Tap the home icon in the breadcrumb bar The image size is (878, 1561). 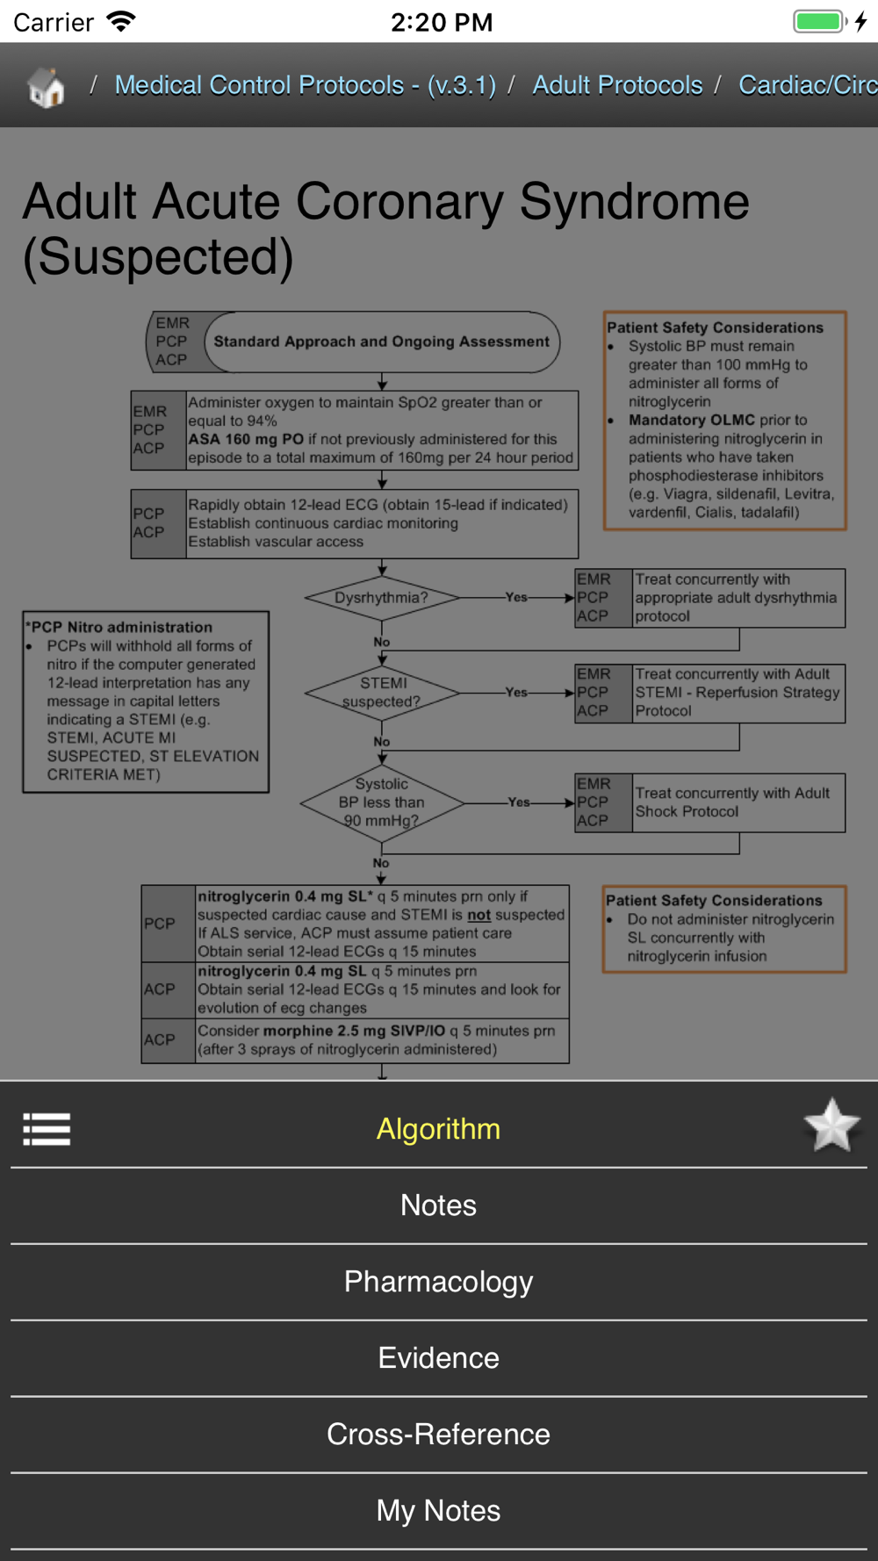pos(46,86)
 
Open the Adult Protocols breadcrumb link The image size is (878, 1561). pos(617,85)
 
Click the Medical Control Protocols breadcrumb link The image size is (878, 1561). pos(305,85)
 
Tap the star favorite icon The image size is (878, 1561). pos(831,1126)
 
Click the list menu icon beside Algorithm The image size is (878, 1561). pos(47,1129)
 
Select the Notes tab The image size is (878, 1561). pos(438,1205)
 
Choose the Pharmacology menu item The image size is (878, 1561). pos(438,1282)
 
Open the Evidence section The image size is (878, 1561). pos(438,1358)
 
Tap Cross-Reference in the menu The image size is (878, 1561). pos(438,1435)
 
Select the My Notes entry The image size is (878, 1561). pos(438,1511)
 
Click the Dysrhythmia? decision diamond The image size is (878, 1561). pos(382,598)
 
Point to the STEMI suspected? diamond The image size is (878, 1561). pos(382,693)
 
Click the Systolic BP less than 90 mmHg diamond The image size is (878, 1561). pos(382,802)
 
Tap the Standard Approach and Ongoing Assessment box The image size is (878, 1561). pos(381,342)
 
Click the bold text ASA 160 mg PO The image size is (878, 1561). pos(246,439)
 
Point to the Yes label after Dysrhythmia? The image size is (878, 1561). pos(516,597)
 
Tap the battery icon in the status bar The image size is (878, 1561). pos(818,21)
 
